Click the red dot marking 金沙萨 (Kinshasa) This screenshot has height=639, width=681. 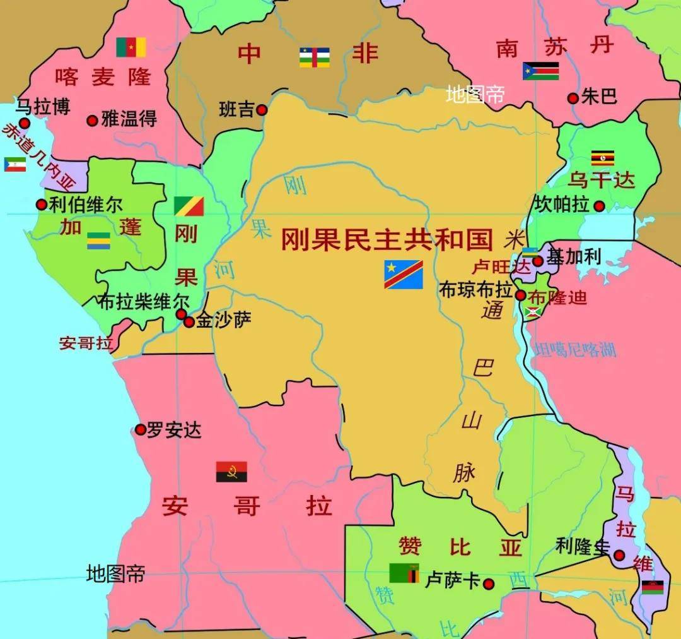click(189, 322)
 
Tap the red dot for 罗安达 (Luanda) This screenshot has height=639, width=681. click(141, 430)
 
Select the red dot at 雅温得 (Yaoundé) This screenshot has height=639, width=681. click(92, 120)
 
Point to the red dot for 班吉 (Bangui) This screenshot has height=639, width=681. click(262, 110)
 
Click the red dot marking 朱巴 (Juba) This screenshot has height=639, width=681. click(573, 98)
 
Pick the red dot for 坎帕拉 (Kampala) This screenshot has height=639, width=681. click(599, 206)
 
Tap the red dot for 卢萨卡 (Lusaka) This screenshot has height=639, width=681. click(488, 583)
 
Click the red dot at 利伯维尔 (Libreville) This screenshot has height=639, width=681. click(41, 205)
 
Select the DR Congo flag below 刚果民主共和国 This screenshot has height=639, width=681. click(404, 274)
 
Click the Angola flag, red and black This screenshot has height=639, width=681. click(231, 472)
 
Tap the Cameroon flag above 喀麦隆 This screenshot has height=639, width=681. click(131, 47)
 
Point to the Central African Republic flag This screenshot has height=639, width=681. click(315, 57)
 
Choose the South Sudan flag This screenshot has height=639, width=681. click(540, 71)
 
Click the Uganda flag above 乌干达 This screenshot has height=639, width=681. click(602, 158)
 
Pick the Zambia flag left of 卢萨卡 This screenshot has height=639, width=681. click(404, 573)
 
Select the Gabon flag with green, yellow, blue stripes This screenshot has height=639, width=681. click(98, 241)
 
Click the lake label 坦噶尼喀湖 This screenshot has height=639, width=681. click(574, 350)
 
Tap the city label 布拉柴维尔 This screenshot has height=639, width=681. click(143, 302)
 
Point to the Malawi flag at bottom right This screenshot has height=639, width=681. click(653, 587)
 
